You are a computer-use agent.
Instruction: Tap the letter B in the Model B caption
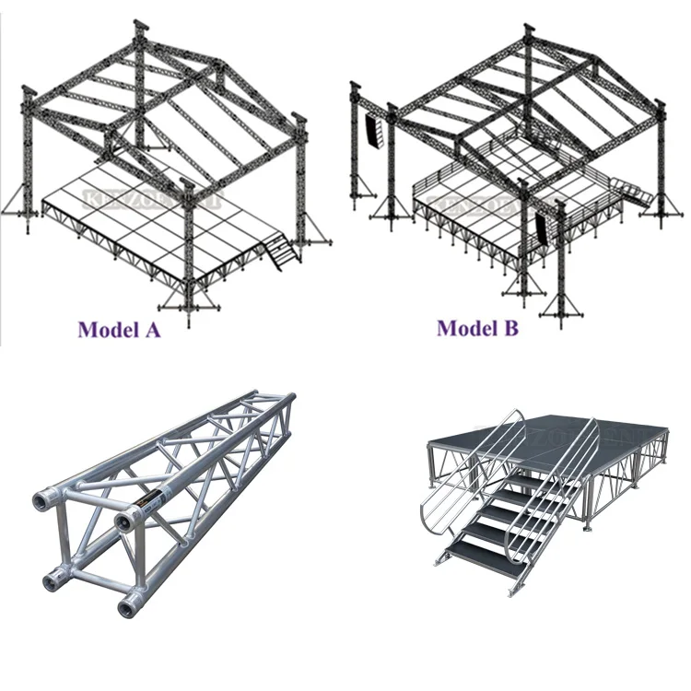tap(509, 327)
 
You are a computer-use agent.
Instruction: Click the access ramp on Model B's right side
tap(638, 193)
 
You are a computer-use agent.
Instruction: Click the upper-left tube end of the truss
tap(43, 498)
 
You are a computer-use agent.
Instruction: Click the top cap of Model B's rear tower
tap(528, 27)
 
